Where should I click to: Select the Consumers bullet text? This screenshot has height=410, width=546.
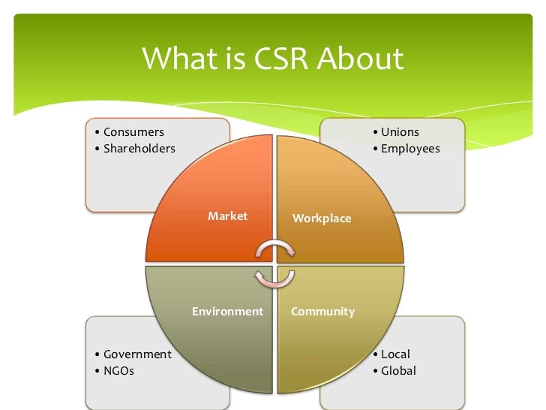click(133, 132)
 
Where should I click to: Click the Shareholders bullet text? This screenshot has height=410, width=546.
click(139, 148)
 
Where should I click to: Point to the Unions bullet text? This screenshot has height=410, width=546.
click(400, 132)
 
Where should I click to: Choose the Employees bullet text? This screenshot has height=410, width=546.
click(410, 149)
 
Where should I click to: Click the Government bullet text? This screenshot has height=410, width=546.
click(137, 354)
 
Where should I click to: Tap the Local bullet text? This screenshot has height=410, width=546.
click(395, 354)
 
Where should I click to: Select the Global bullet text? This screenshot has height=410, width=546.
click(398, 370)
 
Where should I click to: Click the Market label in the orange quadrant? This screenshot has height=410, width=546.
click(227, 216)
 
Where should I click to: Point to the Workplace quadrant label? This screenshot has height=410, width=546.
click(322, 218)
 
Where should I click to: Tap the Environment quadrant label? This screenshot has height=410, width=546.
click(228, 311)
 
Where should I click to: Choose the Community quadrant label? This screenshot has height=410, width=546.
click(322, 311)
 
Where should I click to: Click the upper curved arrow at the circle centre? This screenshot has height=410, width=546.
click(273, 249)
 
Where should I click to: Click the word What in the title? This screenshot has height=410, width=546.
click(176, 59)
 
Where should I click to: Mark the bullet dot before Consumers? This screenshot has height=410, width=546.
click(97, 133)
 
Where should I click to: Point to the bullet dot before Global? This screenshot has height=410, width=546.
click(375, 371)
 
